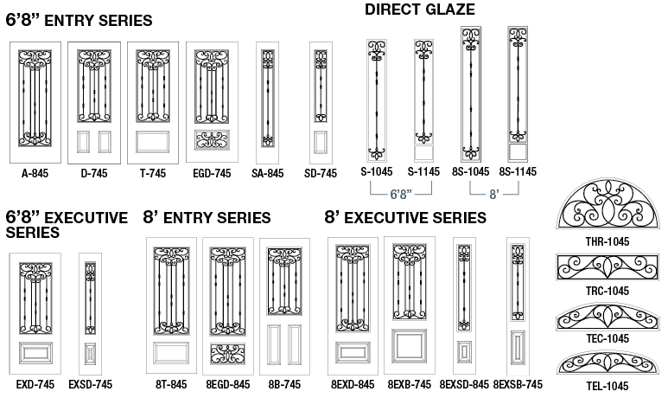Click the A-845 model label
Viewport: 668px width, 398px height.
[35, 173]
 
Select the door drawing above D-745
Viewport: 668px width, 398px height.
[93, 102]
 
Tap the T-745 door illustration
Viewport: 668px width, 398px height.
[152, 102]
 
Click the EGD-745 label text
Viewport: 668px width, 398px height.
[212, 173]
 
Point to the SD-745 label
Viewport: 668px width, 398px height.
[321, 173]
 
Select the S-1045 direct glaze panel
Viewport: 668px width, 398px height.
[377, 97]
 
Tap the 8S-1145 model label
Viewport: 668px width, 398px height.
[518, 173]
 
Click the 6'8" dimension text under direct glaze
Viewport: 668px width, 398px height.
[399, 195]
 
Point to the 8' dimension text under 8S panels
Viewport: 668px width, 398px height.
[494, 195]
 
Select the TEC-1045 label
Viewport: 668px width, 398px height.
[606, 338]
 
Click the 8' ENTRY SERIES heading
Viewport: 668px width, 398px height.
[207, 217]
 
